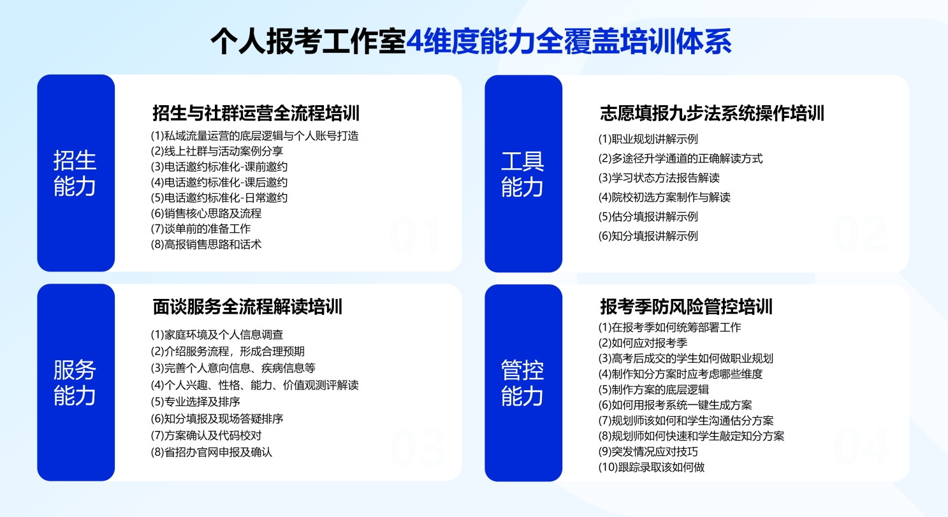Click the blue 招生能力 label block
[x=76, y=173]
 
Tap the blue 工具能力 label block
[x=523, y=173]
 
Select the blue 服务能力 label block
[x=76, y=382]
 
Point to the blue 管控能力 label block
[x=523, y=382]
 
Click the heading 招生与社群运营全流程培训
[x=256, y=113]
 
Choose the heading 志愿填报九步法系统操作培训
[x=712, y=113]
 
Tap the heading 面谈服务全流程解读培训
[x=248, y=307]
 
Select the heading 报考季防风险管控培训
[x=687, y=307]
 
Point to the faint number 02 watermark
[x=860, y=235]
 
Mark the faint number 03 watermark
[x=417, y=446]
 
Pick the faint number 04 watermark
[x=861, y=446]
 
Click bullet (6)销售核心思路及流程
[x=207, y=213]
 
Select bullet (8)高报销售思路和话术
[x=207, y=244]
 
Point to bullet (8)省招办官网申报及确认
[x=212, y=453]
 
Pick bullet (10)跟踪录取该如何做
[x=651, y=467]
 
